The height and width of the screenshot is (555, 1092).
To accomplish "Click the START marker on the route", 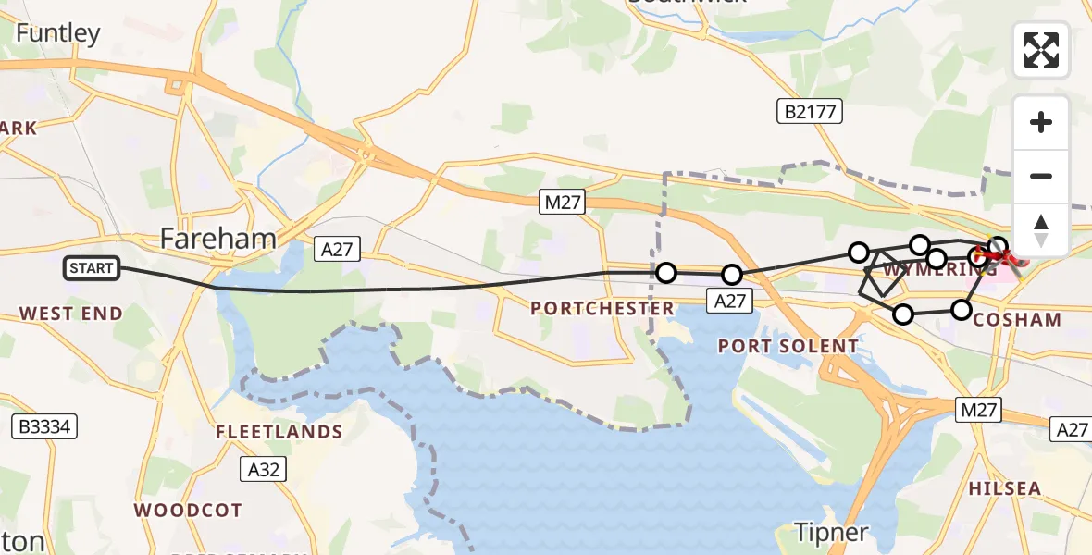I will pyautogui.click(x=92, y=269).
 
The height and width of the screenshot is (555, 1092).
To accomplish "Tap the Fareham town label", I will pyautogui.click(x=218, y=239).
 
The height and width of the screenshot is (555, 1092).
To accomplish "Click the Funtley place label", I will pyautogui.click(x=57, y=34).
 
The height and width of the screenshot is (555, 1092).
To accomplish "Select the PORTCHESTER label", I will pyautogui.click(x=602, y=308).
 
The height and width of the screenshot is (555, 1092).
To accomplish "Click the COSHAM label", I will pyautogui.click(x=1017, y=319).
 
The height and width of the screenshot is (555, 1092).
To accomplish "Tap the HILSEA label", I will pyautogui.click(x=1004, y=487).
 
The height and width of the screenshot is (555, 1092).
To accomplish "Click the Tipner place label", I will pyautogui.click(x=832, y=532).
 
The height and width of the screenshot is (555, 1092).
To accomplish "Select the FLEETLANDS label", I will pyautogui.click(x=279, y=432).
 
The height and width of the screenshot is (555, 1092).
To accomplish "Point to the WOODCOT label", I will pyautogui.click(x=188, y=510).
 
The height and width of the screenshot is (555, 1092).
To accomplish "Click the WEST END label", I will pyautogui.click(x=71, y=314).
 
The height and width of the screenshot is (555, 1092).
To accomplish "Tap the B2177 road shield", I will pyautogui.click(x=809, y=113).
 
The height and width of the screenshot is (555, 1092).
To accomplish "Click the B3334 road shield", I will pyautogui.click(x=43, y=426).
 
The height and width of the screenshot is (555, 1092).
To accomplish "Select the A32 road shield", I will pyautogui.click(x=263, y=470).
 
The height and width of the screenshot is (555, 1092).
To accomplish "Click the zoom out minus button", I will pyautogui.click(x=1041, y=176).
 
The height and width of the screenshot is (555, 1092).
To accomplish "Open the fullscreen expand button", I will pyautogui.click(x=1041, y=50).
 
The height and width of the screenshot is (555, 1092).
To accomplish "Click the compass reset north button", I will pyautogui.click(x=1041, y=229).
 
